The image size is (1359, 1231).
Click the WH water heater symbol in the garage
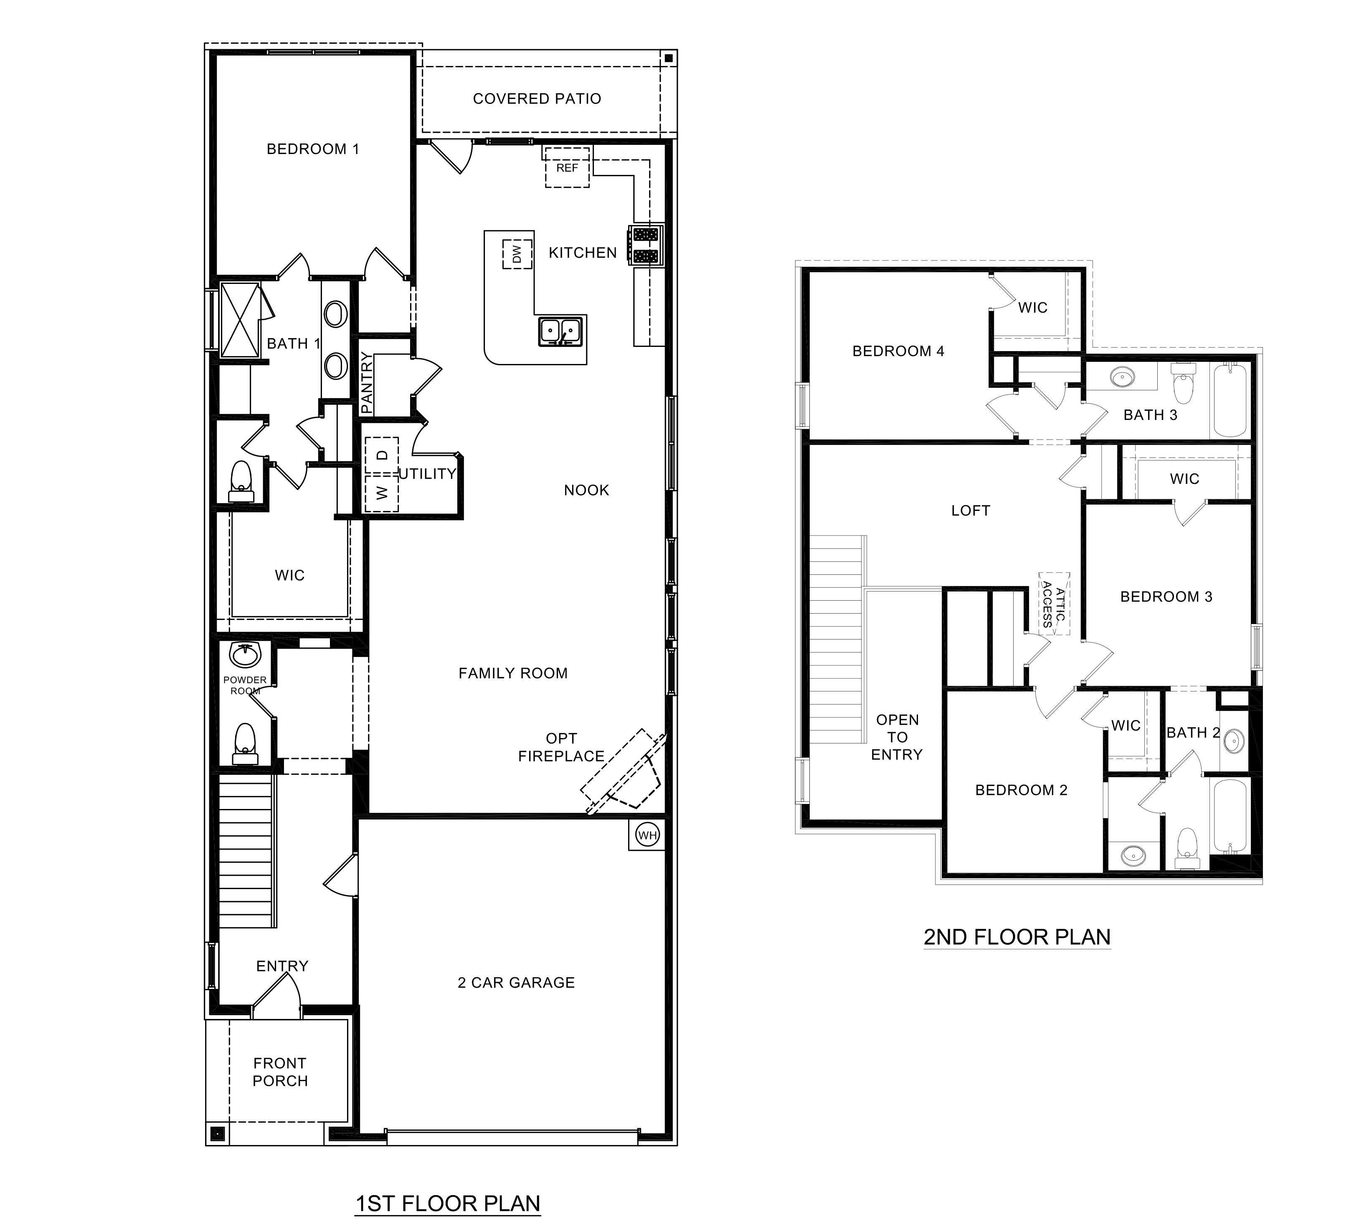647,836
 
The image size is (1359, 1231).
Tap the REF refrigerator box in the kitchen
567,167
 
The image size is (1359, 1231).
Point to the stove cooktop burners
645,245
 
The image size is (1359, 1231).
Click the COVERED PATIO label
537,99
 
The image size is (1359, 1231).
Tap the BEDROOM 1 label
313,149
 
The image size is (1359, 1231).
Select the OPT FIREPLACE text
561,747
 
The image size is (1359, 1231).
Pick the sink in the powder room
245,654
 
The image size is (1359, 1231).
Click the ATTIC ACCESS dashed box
1054,604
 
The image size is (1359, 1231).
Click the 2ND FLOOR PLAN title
1017,937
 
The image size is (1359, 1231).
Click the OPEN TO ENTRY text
897,737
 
